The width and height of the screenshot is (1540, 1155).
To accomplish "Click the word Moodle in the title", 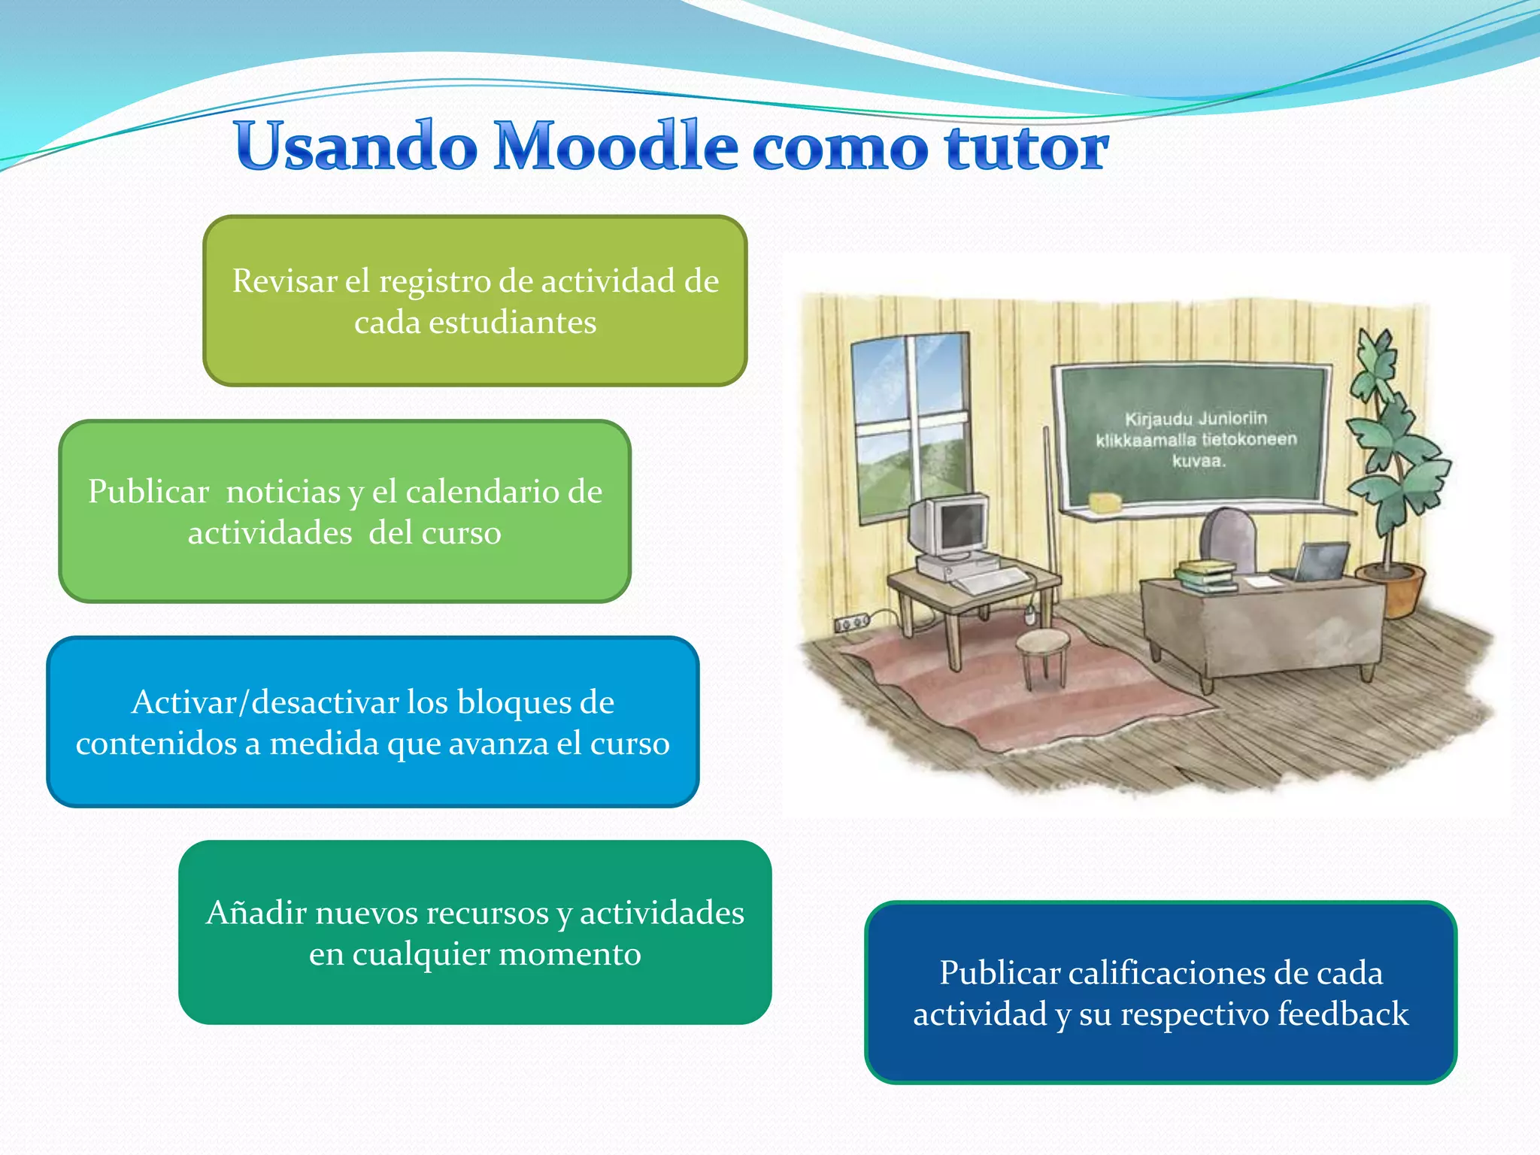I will pyautogui.click(x=615, y=146).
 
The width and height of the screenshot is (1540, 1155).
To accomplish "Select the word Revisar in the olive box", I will pyautogui.click(x=284, y=281).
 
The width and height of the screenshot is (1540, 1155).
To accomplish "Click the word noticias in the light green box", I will pyautogui.click(x=283, y=492).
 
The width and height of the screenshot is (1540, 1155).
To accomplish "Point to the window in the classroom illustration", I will pyautogui.click(x=911, y=426).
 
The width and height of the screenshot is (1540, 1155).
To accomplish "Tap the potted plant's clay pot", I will pyautogui.click(x=1400, y=590).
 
